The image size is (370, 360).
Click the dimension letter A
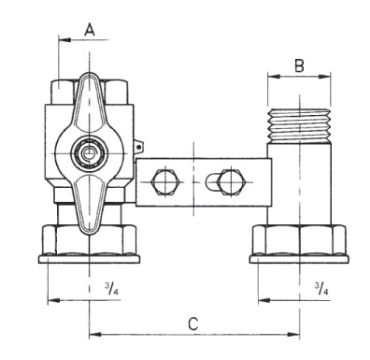90,30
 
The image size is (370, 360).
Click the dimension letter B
299,65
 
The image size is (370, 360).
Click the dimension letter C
193,324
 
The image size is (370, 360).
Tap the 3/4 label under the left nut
111,289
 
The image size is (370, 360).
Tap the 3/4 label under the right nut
321,289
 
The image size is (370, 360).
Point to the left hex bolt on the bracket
164,182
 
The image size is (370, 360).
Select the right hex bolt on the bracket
231,182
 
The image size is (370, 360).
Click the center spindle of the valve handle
89,152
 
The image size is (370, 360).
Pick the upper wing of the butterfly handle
90,103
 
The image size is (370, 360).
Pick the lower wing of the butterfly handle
90,203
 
